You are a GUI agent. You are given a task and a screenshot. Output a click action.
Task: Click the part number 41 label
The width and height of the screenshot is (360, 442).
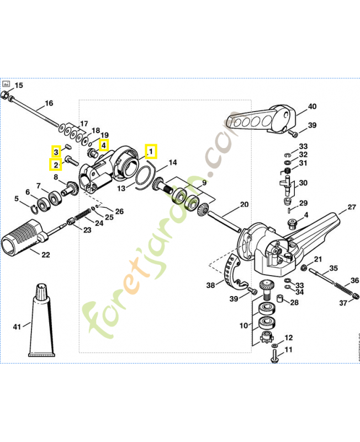point(17,327)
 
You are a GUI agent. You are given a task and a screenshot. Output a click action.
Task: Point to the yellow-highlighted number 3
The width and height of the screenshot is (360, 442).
point(55,151)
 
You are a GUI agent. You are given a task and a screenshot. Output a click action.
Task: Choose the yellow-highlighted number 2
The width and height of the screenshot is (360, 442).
point(55,165)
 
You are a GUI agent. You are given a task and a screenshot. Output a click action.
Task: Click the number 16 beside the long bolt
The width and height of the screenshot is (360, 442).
point(49,103)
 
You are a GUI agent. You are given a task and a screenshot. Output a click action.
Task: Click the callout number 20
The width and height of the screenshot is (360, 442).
point(244,205)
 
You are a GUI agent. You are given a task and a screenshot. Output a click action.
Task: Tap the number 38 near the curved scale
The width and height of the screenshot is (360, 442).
point(210,286)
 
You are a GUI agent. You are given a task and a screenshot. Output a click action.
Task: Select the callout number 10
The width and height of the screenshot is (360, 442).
point(243,326)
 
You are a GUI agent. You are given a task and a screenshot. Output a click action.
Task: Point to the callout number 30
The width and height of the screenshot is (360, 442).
point(303,183)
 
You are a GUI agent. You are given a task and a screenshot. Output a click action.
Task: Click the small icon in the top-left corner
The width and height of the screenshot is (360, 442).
point(7,85)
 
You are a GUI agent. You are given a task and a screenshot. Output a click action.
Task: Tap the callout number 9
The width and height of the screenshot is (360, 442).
point(204,182)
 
